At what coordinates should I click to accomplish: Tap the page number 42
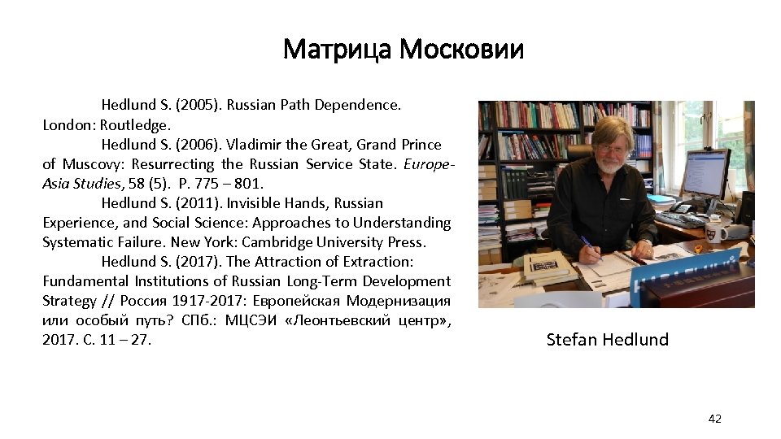(x=714, y=419)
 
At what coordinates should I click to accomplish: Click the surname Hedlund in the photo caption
(x=634, y=340)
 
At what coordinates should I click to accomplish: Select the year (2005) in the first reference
(x=196, y=106)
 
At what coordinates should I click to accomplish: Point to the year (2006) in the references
(x=196, y=145)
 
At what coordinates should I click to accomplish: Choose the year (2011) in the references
(x=195, y=203)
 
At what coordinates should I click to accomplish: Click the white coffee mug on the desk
(x=715, y=233)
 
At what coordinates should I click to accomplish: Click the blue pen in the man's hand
(x=588, y=246)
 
